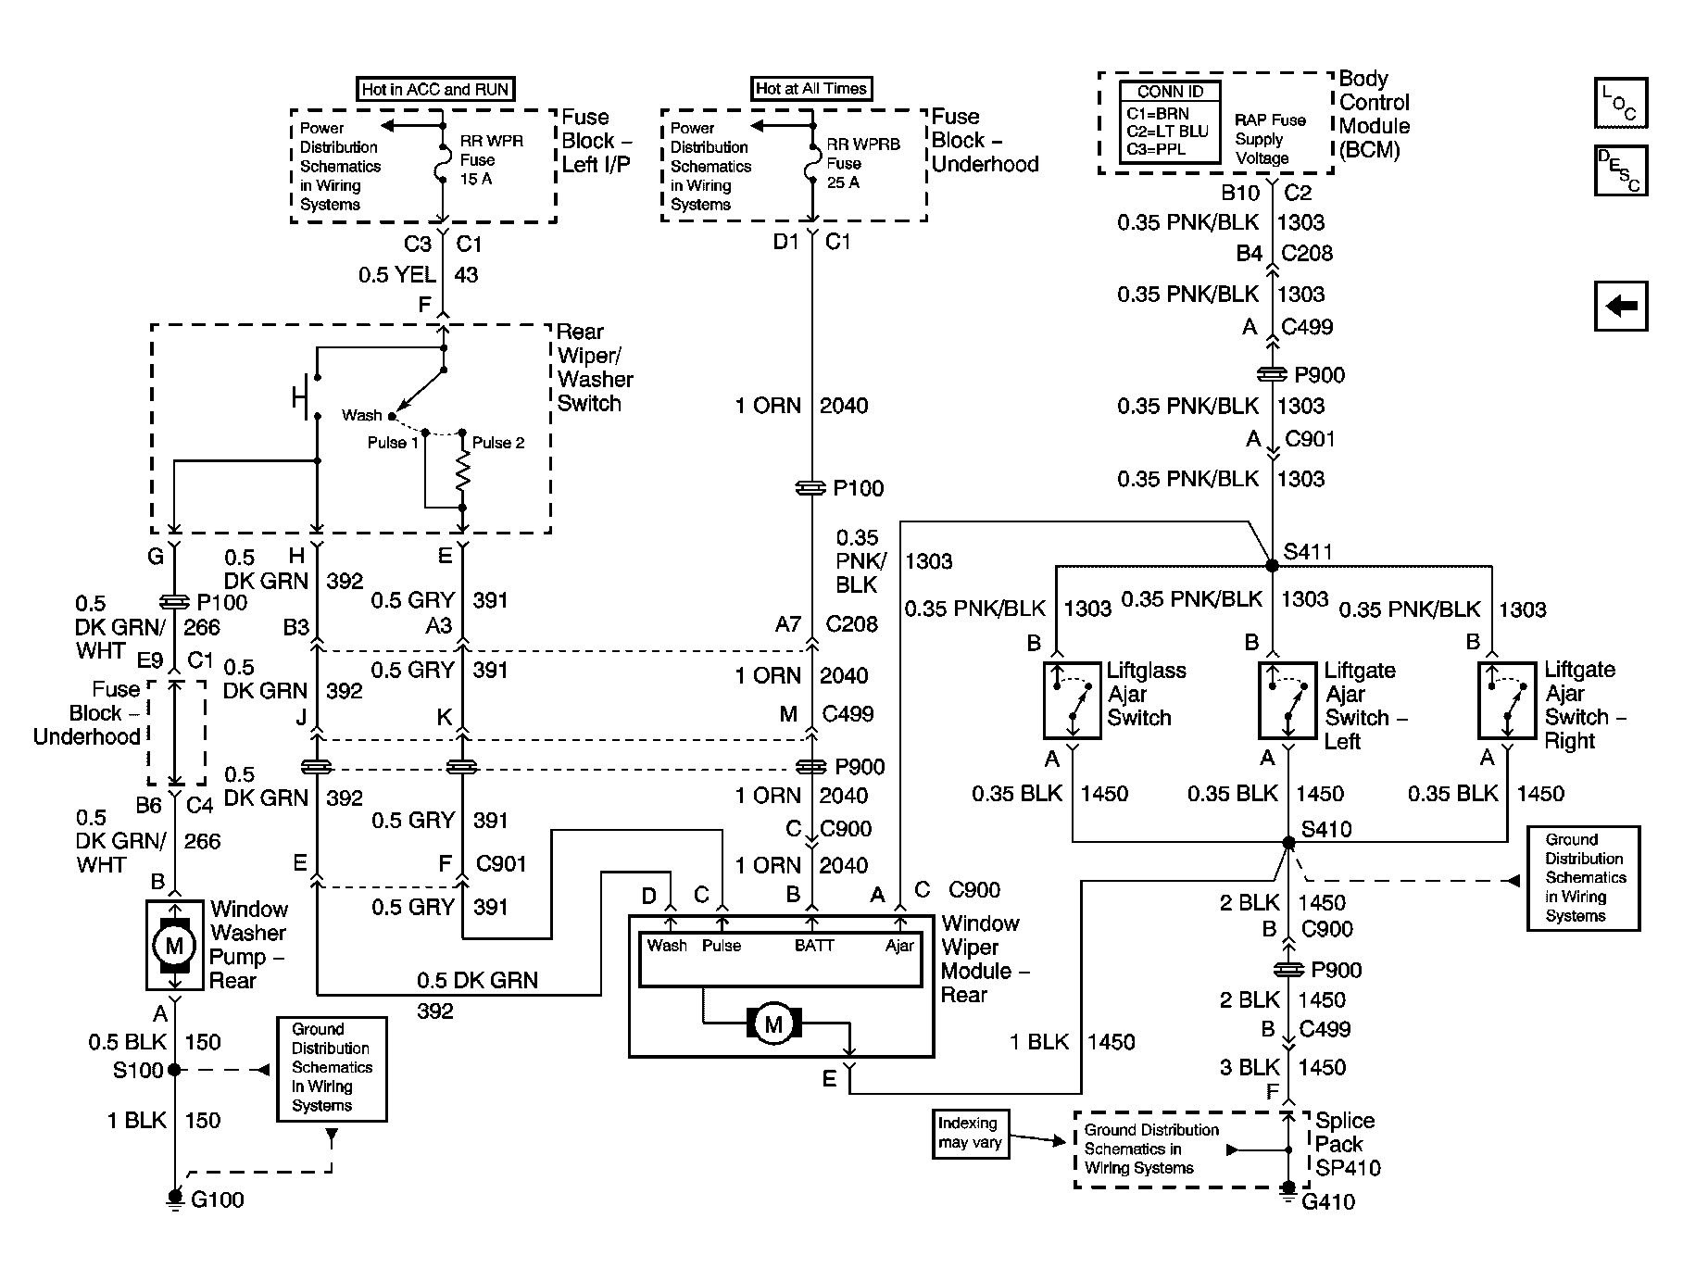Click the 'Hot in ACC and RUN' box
coord(434,89)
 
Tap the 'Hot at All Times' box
coord(811,88)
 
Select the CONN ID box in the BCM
coord(1170,122)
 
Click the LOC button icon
coord(1620,103)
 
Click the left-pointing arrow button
coord(1620,306)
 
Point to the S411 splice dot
coord(1273,565)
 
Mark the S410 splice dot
coord(1288,842)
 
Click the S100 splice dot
coord(174,1070)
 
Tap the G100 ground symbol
coord(174,1199)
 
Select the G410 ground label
coord(1328,1202)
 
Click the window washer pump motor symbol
coord(174,945)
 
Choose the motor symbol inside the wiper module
coord(773,1024)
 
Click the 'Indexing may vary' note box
coord(970,1134)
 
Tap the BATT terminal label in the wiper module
coord(814,946)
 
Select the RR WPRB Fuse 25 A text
coord(861,163)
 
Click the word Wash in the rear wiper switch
coord(361,415)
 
